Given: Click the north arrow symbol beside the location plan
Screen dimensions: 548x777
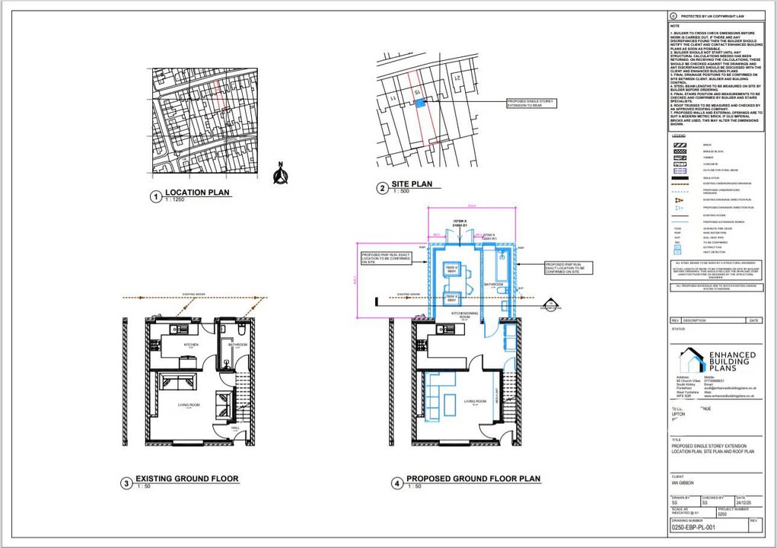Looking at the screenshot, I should point(280,174).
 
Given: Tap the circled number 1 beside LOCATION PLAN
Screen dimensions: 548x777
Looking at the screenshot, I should point(156,196).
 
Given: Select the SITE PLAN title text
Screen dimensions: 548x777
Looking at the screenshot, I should point(412,184).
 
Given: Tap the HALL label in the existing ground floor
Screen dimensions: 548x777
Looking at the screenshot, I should point(235,429).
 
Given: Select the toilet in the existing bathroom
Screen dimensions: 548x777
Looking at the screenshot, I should point(239,332).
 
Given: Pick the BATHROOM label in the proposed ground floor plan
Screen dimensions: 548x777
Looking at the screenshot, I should point(495,284).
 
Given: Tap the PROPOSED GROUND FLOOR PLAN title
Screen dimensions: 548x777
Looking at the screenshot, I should point(473,479).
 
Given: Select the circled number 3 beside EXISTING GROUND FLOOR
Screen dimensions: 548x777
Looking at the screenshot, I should point(126,483).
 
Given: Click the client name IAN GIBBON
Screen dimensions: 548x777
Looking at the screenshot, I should point(683,483).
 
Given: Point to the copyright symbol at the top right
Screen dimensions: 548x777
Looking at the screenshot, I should point(673,16).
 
